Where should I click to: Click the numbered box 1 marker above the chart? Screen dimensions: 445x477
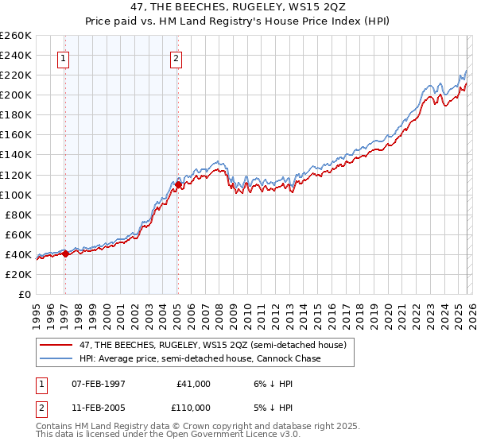point(63,57)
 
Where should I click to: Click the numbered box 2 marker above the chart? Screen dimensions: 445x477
point(175,57)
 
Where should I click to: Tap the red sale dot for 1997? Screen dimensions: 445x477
point(65,253)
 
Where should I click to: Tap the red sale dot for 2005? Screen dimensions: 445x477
point(178,184)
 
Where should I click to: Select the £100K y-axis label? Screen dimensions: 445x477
point(16,195)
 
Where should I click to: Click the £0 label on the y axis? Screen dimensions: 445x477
point(25,294)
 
